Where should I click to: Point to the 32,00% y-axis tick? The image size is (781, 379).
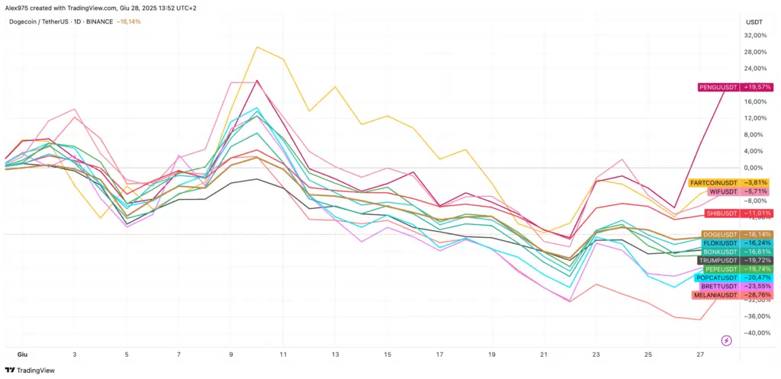[x=755, y=36]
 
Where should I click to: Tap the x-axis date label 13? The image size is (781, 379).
[x=335, y=355]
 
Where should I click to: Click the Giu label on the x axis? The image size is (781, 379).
[x=22, y=355]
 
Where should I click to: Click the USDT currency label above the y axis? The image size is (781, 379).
[x=754, y=22]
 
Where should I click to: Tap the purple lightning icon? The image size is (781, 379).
[x=726, y=340]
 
